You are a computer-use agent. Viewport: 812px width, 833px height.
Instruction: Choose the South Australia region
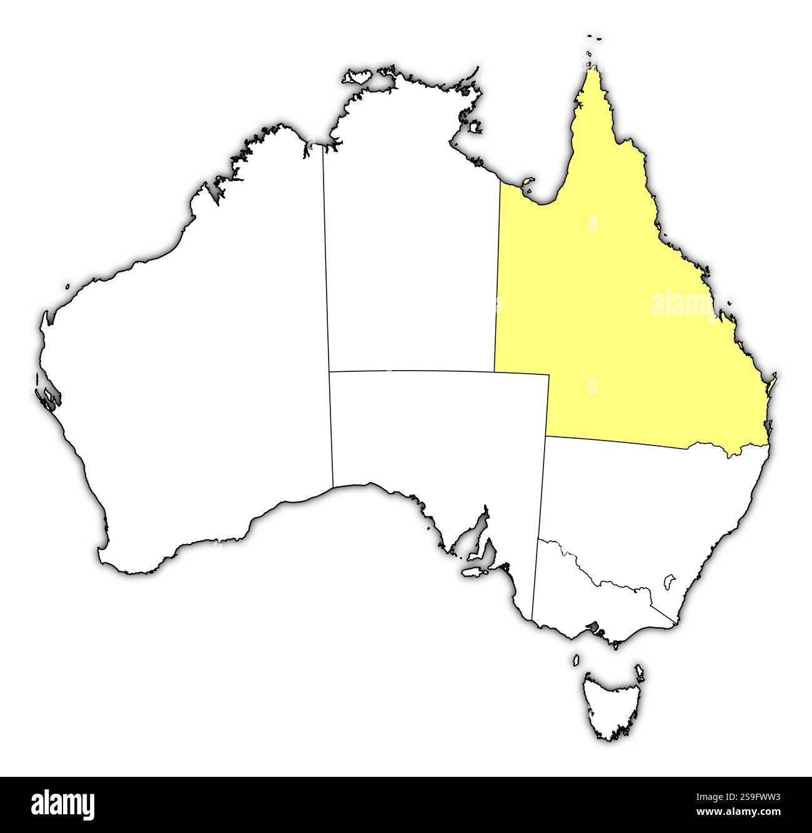coord(437,437)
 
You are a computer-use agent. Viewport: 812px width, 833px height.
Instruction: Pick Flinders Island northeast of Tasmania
coord(639,670)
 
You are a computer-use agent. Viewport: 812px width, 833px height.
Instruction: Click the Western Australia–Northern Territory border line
coord(326,262)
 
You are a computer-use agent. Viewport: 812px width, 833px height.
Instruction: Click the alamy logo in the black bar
coord(62,805)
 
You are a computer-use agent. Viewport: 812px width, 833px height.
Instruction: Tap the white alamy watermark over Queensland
coord(684,304)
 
